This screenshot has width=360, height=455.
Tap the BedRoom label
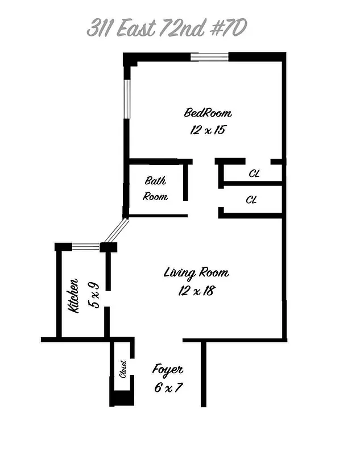pos(208,112)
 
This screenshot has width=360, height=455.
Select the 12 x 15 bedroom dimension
pos(208,130)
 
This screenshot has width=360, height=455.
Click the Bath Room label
pos(155,189)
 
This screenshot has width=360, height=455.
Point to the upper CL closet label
pos(254,173)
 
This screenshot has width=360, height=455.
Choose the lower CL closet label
pos(251,200)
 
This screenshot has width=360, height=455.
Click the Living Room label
pos(196,272)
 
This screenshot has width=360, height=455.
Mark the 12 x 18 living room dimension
pos(196,291)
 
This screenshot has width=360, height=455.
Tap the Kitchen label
pos(74,295)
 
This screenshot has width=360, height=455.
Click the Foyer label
pos(168,369)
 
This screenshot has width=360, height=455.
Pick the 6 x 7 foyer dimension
pos(168,388)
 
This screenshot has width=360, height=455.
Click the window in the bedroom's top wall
pos(209,56)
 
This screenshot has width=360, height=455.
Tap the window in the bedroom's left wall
pos(127,98)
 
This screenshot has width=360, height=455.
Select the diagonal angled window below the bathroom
pos(116,230)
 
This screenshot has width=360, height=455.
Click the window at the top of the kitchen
pos(86,247)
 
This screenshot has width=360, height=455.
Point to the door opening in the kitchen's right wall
pos(107,299)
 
